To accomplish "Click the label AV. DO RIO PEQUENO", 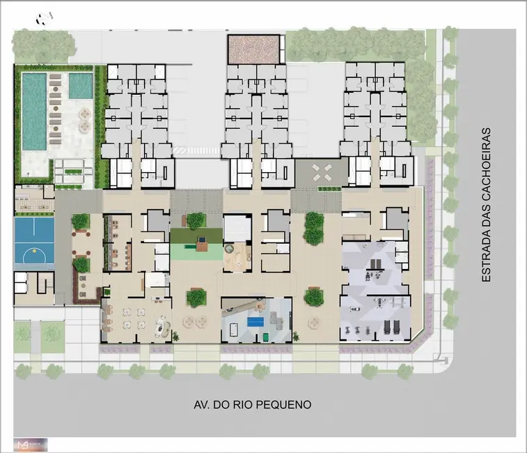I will pos(252,404).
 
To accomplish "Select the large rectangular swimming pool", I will pos(33,112).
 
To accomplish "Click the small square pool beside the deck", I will pos(80,86).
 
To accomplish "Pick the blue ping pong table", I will pos(254,322).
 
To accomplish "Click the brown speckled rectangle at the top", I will pos(255,49).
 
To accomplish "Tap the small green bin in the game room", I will pos(266,337).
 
